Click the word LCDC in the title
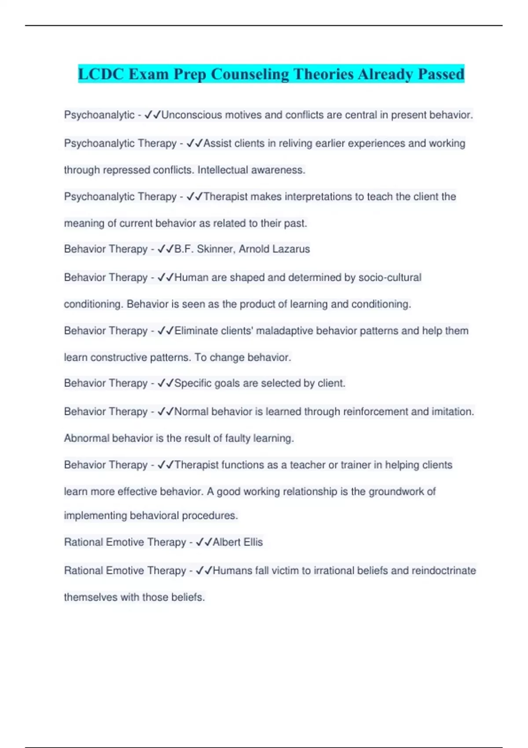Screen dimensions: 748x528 (101, 74)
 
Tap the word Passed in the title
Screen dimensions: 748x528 (441, 74)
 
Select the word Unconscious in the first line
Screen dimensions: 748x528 (192, 115)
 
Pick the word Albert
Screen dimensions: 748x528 (226, 542)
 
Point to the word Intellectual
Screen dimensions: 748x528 (223, 170)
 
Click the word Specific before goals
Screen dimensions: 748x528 (193, 383)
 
